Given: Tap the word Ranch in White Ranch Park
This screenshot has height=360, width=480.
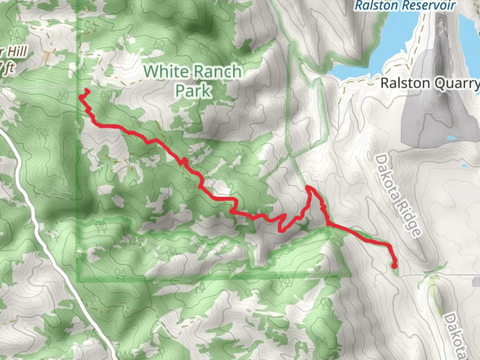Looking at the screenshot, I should point(217,71).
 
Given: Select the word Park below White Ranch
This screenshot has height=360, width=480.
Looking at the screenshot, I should point(193,90).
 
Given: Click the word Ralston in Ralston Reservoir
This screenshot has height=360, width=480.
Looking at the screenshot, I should point(376,5).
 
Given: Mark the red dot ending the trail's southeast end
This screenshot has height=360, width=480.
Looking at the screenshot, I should point(394,266).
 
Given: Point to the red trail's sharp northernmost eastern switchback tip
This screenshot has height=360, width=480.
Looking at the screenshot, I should point(308,188).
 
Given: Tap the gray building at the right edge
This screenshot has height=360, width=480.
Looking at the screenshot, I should point(476,281).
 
